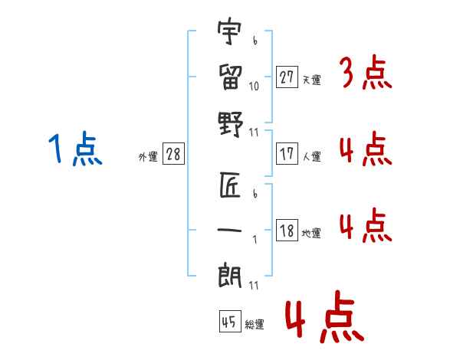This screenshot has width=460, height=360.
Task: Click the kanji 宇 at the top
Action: (229, 34)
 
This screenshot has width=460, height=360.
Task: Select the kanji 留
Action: (229, 77)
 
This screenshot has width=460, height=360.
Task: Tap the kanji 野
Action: (229, 122)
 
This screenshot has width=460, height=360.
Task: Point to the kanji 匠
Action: (229, 186)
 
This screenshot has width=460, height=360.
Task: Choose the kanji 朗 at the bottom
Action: (229, 275)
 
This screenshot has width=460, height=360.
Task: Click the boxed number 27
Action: (287, 77)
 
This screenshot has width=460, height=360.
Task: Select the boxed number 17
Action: (287, 153)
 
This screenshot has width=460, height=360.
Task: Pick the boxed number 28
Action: (174, 154)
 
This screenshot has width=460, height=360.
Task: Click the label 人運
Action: (311, 156)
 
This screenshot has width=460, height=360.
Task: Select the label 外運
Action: (147, 156)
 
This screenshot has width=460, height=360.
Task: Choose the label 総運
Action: (254, 324)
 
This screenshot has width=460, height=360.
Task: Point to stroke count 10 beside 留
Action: (255, 87)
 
